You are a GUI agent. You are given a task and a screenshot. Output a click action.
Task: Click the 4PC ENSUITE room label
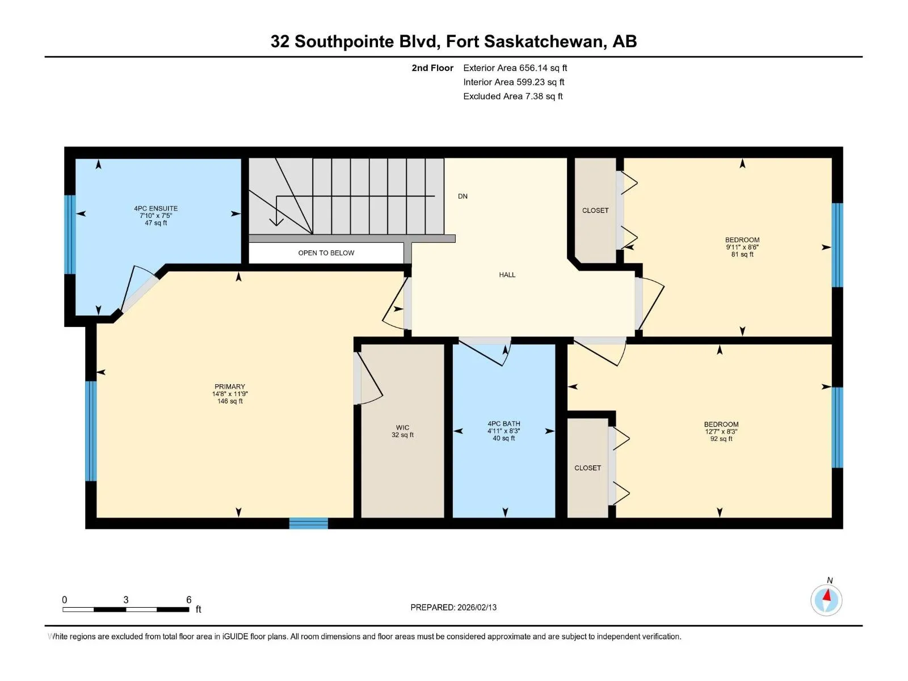click(x=155, y=208)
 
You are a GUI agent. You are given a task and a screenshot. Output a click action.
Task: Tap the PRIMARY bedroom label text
click(x=230, y=386)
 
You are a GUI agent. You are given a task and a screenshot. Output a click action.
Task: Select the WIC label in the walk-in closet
click(x=402, y=427)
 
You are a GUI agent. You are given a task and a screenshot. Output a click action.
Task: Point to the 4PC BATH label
click(x=503, y=423)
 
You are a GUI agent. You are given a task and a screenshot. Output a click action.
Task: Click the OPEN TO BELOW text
click(x=326, y=253)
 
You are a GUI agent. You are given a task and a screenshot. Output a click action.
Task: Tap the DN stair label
click(x=463, y=196)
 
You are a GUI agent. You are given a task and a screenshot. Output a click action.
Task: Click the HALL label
click(x=507, y=275)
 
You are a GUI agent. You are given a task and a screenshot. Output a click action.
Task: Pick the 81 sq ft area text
click(x=742, y=254)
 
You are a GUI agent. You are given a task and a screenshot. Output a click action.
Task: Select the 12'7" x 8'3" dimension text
click(x=721, y=431)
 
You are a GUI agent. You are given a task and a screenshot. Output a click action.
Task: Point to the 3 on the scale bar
click(x=126, y=599)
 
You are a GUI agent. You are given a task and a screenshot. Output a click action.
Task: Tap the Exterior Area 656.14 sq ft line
click(x=515, y=68)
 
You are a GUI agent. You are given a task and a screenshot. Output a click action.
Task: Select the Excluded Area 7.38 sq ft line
click(x=513, y=96)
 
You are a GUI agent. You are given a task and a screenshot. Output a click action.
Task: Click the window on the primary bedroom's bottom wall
click(x=308, y=523)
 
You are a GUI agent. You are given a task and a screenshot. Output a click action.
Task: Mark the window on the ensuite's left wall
click(x=70, y=234)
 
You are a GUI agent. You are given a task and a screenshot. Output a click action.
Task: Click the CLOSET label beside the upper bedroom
click(x=595, y=211)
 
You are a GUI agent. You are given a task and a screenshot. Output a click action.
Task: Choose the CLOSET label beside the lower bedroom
click(x=587, y=468)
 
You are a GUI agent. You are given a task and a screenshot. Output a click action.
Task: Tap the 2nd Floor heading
click(x=432, y=68)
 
